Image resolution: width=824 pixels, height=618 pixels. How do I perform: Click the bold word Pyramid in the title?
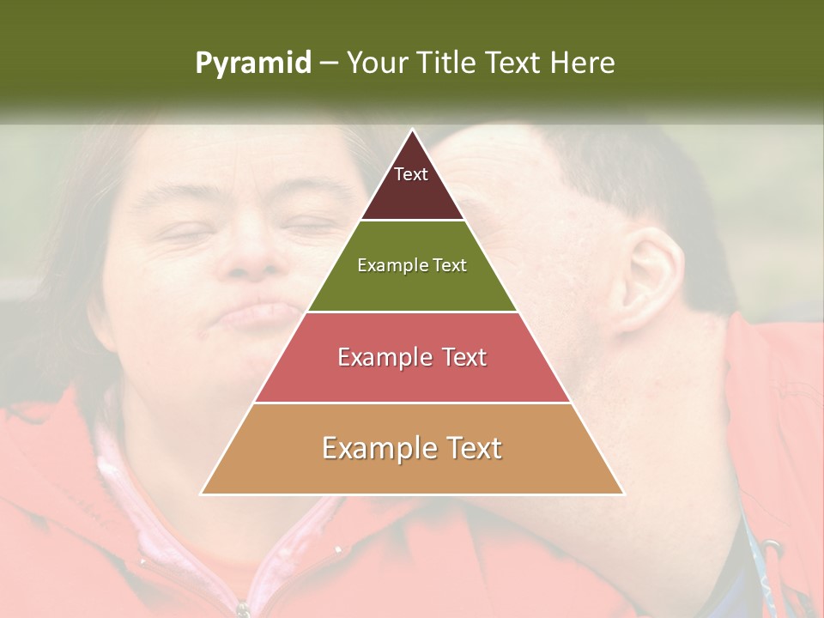[253, 64]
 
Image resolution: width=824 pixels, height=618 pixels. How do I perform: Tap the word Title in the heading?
[447, 64]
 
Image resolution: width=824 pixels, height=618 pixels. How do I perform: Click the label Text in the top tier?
[411, 174]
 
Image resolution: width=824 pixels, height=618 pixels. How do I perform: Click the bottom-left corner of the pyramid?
[202, 494]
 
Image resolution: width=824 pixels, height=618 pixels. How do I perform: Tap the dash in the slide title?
[328, 64]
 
